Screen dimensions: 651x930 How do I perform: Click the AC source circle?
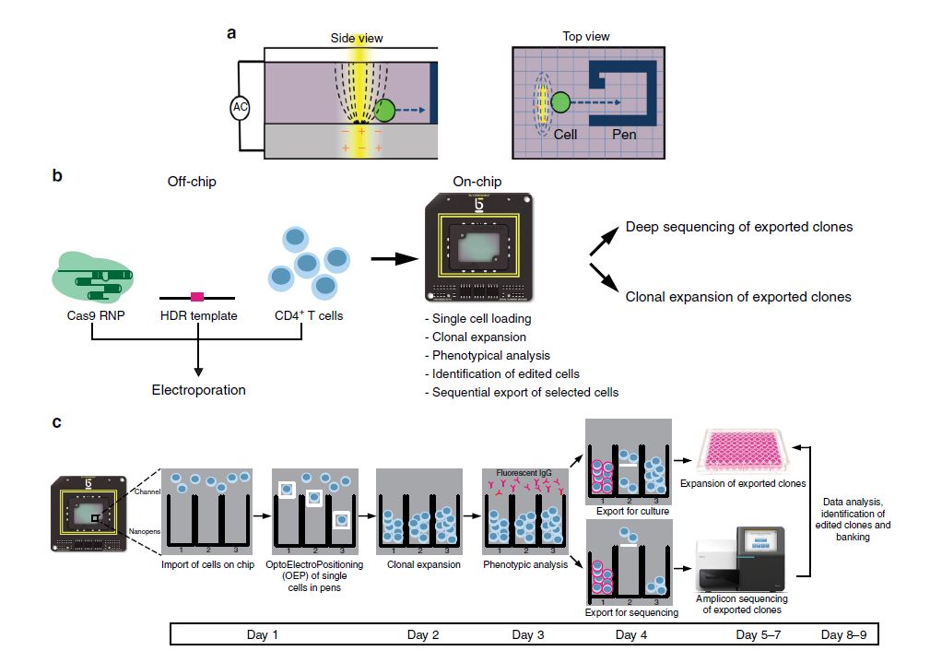pyautogui.click(x=241, y=108)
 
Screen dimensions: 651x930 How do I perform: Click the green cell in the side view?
pyautogui.click(x=386, y=111)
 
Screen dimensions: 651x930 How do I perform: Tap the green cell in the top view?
pyautogui.click(x=561, y=103)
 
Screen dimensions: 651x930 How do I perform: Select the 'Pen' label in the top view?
pyautogui.click(x=624, y=134)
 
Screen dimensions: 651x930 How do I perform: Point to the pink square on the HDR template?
pyautogui.click(x=196, y=297)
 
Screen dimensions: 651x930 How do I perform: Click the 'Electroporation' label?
pyautogui.click(x=198, y=390)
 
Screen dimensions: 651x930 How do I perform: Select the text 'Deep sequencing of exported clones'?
pyautogui.click(x=739, y=227)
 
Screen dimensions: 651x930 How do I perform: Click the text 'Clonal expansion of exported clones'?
pyautogui.click(x=737, y=297)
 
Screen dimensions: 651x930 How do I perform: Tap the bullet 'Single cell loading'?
pyautogui.click(x=480, y=318)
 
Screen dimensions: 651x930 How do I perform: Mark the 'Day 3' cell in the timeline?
pyautogui.click(x=528, y=634)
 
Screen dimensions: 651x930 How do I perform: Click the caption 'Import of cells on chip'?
pyautogui.click(x=207, y=565)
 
